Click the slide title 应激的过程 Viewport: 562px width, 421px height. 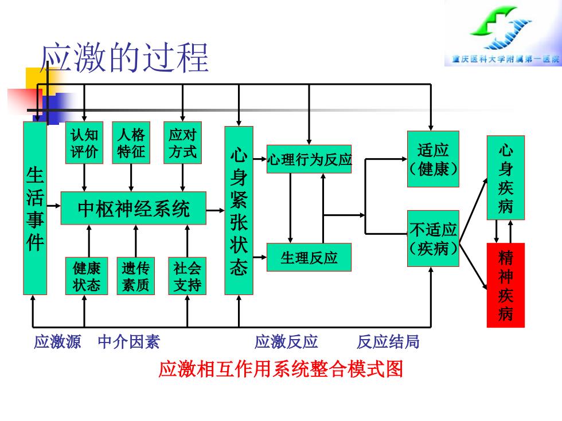point(124,57)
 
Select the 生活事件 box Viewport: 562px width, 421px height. point(35,208)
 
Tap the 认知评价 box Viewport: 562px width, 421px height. point(84,143)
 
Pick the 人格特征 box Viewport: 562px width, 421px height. point(131,143)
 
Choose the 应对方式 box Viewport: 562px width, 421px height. point(182,143)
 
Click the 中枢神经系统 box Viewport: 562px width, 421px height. point(133,208)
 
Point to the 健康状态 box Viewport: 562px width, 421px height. point(87,276)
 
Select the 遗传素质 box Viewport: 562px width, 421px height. point(135,276)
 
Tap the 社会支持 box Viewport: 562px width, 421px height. point(187,276)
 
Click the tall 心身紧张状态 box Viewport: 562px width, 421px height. point(239,211)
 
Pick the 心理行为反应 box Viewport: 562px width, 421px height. point(309,159)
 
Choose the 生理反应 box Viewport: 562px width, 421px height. point(309,257)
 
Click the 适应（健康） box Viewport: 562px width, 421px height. point(433,159)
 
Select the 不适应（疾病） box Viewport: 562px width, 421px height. point(433,238)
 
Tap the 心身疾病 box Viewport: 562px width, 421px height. point(505,178)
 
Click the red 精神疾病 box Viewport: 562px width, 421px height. point(505,285)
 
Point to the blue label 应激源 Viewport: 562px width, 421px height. point(57,341)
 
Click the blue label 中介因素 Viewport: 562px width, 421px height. point(128,341)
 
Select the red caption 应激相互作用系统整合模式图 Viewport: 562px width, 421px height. point(280,369)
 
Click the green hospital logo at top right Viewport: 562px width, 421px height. point(502,28)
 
